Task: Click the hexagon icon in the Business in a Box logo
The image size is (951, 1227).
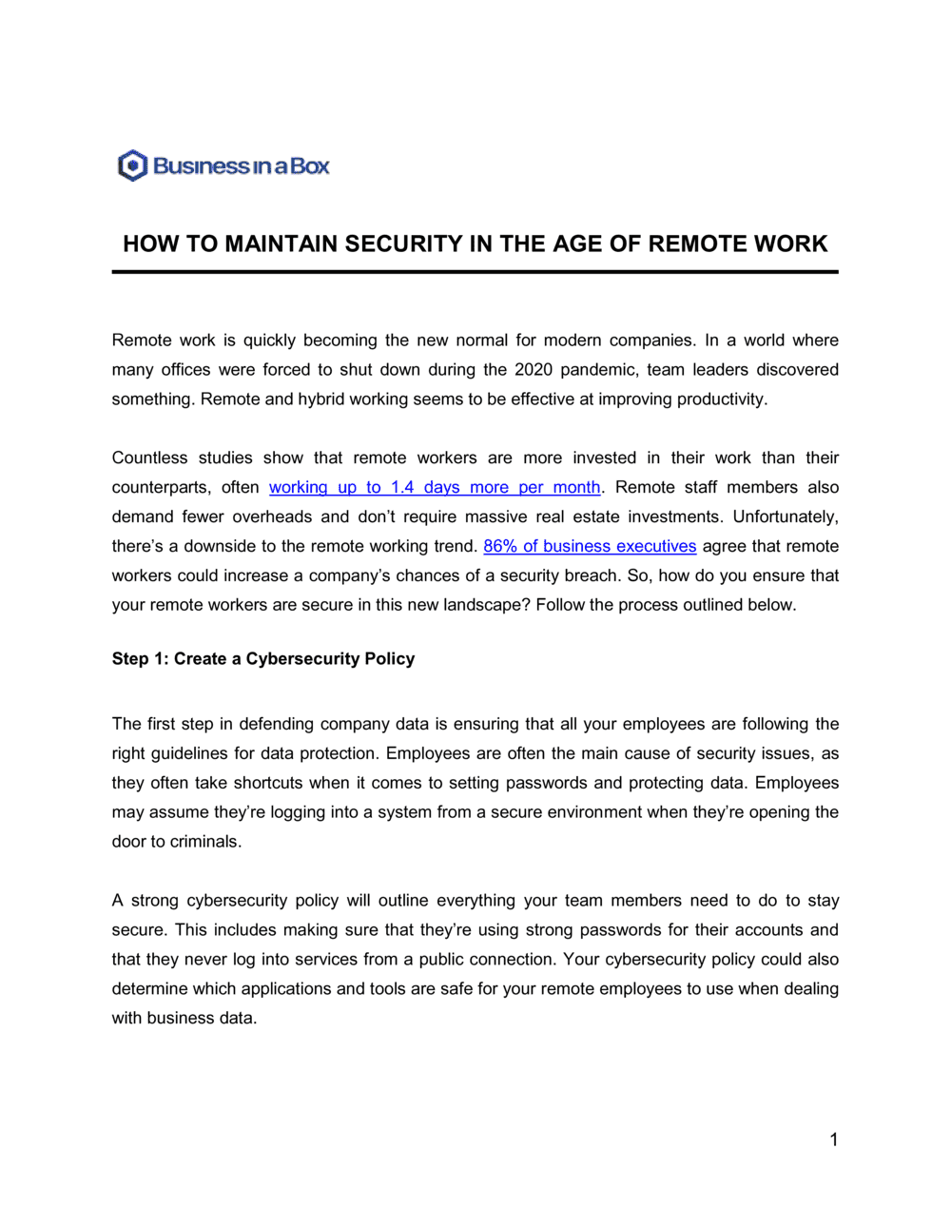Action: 132,166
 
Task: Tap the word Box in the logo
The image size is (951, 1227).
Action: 310,166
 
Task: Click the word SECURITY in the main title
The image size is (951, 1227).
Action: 403,243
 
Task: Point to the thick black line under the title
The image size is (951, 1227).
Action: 475,272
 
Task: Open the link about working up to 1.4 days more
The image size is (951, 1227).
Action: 435,487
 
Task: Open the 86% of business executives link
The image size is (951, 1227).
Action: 590,546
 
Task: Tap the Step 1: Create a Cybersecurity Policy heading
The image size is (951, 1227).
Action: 263,658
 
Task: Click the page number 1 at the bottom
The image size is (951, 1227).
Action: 834,1139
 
